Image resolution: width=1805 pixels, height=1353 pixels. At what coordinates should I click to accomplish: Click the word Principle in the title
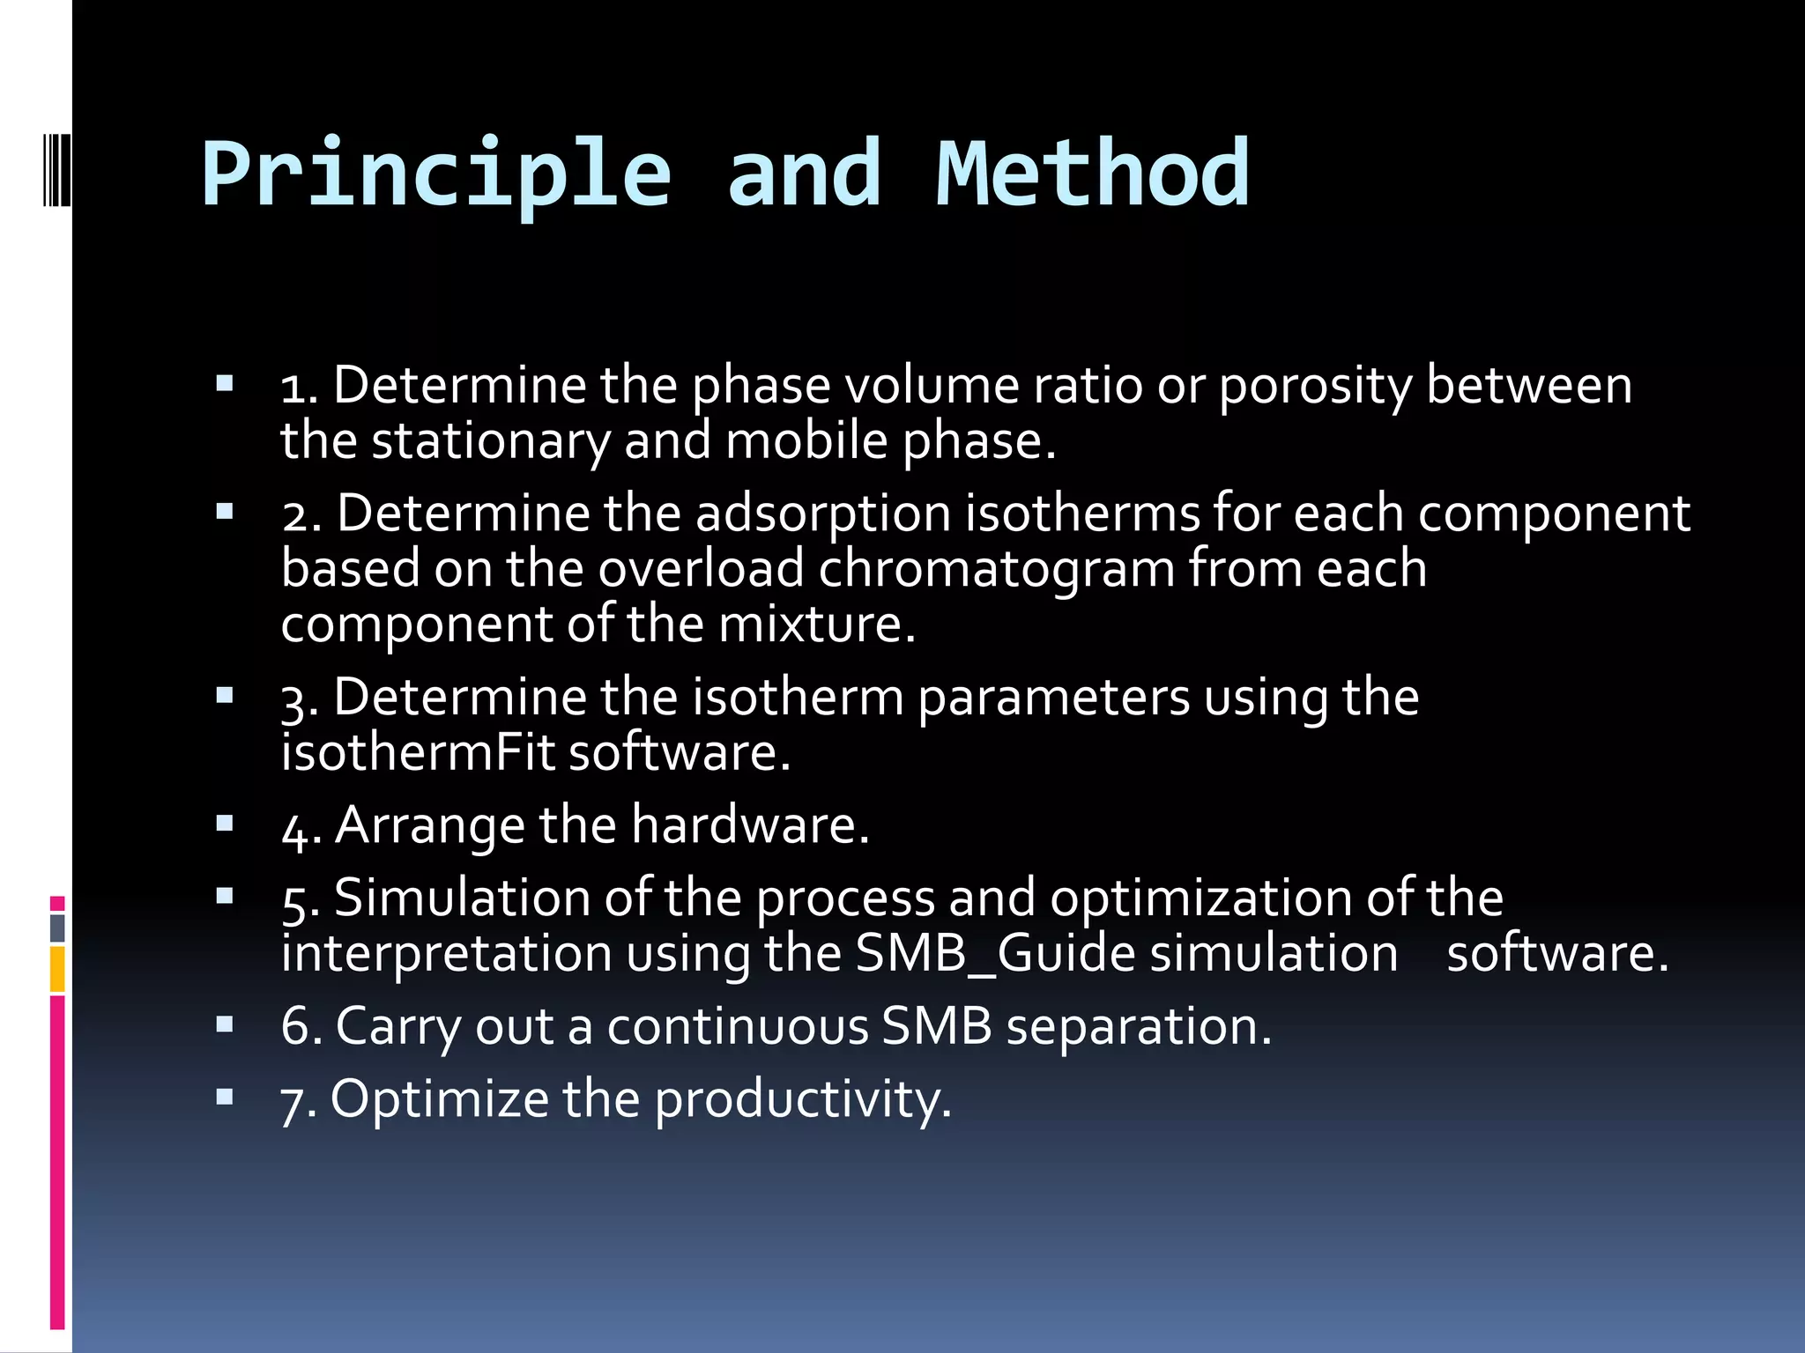click(x=436, y=174)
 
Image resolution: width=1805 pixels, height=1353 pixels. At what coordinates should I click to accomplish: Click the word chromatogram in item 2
click(x=996, y=569)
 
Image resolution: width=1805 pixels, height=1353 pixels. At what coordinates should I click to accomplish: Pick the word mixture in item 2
click(x=816, y=625)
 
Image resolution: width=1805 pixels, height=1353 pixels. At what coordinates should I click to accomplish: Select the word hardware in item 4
click(x=749, y=826)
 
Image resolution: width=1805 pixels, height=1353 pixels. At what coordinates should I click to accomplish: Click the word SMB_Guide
click(x=995, y=954)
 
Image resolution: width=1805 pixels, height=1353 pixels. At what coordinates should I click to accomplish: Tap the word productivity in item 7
click(x=802, y=1100)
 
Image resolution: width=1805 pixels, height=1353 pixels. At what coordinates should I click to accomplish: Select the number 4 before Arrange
click(x=293, y=829)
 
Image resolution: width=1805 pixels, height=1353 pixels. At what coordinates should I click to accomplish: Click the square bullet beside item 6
click(x=225, y=1024)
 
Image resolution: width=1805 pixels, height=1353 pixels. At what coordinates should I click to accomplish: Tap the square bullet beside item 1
click(x=225, y=383)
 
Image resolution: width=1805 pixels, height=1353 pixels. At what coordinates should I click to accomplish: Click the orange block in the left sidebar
click(x=57, y=969)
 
